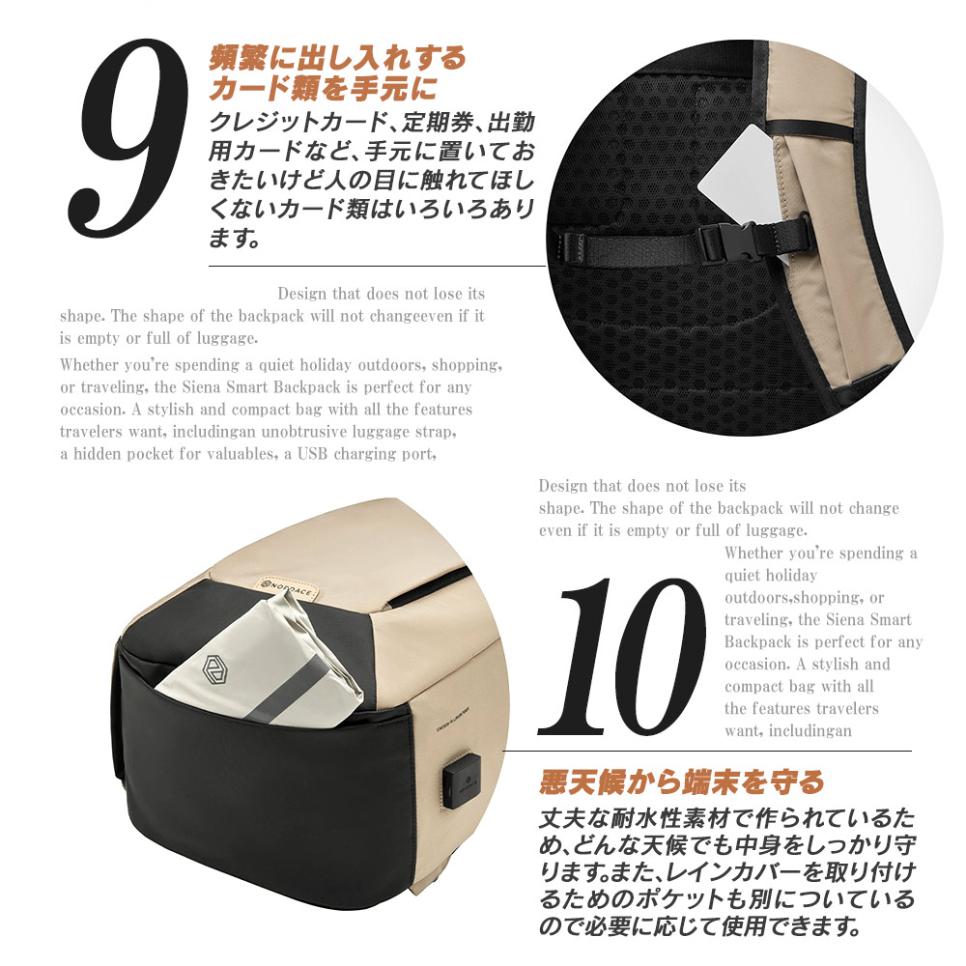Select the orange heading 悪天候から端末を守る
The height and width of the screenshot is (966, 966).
coord(682,781)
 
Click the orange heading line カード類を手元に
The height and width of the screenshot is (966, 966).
coord(324,90)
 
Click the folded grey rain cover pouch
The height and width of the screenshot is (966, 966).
coord(261,667)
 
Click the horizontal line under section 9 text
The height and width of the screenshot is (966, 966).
coord(377,266)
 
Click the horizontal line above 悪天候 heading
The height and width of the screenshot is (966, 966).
coord(705,751)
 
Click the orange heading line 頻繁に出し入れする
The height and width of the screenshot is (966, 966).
coord(338,58)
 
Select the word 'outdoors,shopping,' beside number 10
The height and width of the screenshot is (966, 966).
coord(804,598)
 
